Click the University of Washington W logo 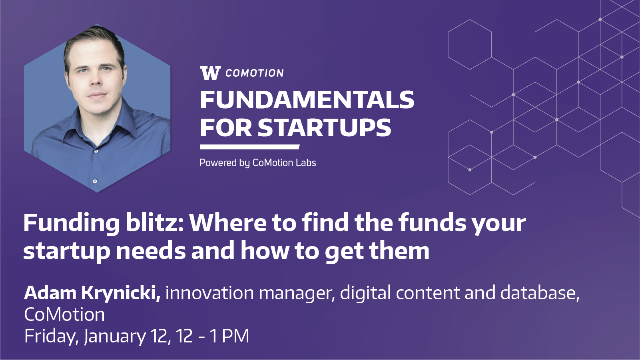point(210,73)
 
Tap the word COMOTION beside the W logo point(255,73)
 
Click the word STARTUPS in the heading point(324,127)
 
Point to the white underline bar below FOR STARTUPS point(250,147)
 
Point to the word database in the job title point(540,293)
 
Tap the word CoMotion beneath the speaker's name point(65,314)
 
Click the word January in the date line point(115,336)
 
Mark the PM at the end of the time point(235,336)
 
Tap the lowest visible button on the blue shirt point(95,181)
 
